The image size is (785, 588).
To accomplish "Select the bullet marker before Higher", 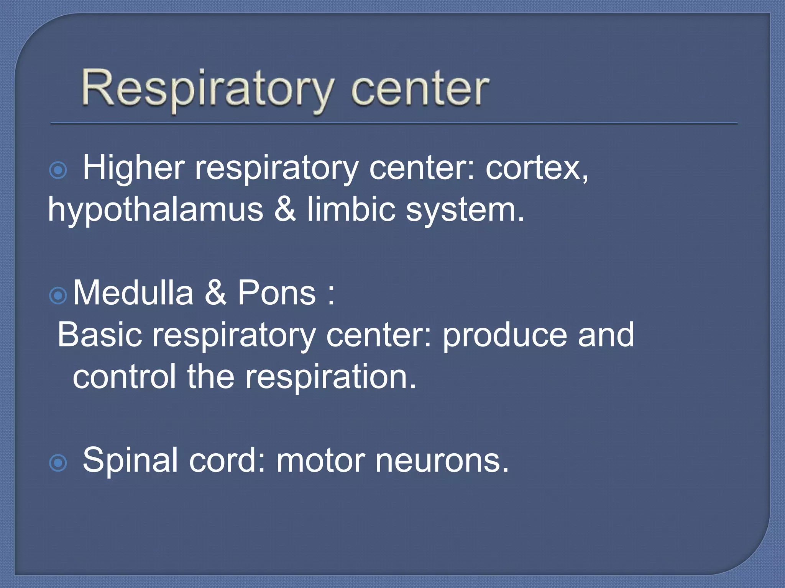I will tap(58, 170).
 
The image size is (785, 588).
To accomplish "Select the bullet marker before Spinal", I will tap(58, 463).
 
